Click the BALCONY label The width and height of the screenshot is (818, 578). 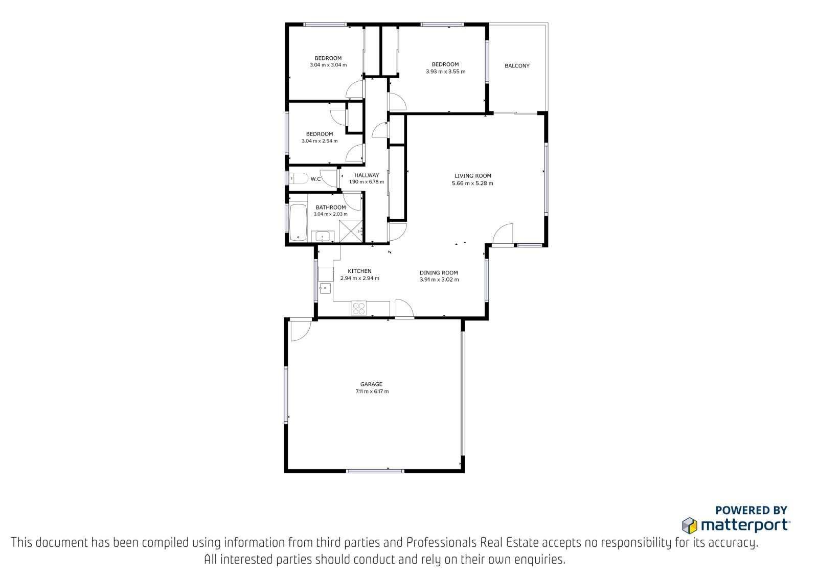(x=517, y=66)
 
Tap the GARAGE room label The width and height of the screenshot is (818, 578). (x=371, y=384)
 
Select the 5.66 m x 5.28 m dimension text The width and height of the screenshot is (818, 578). (x=472, y=183)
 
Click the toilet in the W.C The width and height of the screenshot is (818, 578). (x=298, y=179)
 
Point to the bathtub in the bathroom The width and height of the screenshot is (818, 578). (x=299, y=222)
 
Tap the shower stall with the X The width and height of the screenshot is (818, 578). (x=351, y=231)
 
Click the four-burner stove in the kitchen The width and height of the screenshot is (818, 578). (x=358, y=308)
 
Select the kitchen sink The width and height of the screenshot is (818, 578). (x=325, y=288)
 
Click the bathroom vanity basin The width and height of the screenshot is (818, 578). (x=323, y=237)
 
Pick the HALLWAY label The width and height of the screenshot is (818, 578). (x=367, y=175)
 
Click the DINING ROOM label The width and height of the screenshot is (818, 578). (x=439, y=273)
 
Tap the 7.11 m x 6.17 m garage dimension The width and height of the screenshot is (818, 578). (x=372, y=391)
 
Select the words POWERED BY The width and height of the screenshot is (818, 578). (x=751, y=510)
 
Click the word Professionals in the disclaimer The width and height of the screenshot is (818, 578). (x=442, y=543)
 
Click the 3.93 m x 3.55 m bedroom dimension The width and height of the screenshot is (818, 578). (x=445, y=72)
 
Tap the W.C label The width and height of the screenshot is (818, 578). (x=316, y=179)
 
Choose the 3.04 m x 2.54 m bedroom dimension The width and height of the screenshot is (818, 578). (x=320, y=141)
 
